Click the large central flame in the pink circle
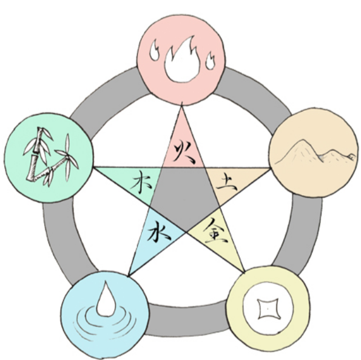click(x=182, y=62)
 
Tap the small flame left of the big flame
click(x=154, y=51)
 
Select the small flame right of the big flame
click(x=210, y=61)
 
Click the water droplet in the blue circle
click(x=106, y=300)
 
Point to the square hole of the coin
click(x=268, y=309)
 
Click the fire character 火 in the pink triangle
click(x=184, y=152)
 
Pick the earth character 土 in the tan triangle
click(x=227, y=183)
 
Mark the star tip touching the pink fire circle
click(x=181, y=105)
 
